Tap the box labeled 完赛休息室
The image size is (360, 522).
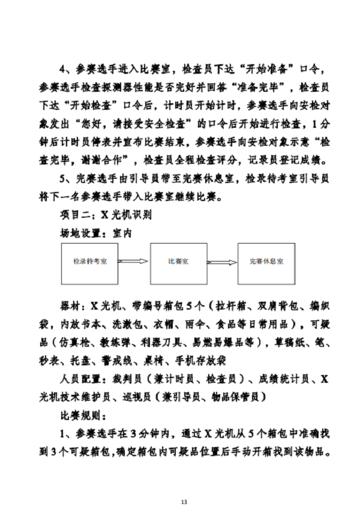266,262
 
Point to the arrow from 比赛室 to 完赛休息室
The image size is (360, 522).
222,262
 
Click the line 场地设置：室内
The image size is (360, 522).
95,233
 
